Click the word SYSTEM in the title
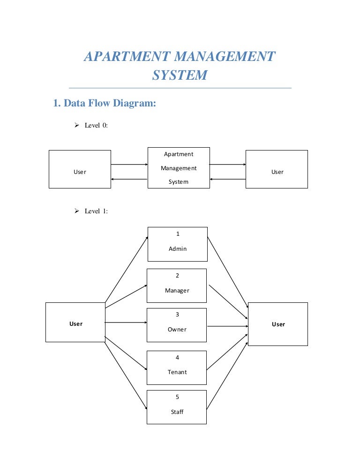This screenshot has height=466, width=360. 180,75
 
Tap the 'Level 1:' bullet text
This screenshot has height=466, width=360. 96,211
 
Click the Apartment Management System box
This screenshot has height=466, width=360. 179,168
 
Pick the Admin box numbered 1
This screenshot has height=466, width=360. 178,244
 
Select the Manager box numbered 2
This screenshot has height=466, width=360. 177,286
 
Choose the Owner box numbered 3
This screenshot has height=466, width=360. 177,324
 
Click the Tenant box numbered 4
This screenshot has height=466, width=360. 177,368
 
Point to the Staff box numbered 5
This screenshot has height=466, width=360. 177,407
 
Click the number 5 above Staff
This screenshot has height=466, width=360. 177,397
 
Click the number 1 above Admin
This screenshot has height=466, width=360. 178,234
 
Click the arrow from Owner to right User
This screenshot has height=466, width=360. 227,326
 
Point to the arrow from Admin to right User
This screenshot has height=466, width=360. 227,271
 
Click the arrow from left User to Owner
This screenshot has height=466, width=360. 126,323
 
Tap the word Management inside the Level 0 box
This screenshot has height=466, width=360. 179,168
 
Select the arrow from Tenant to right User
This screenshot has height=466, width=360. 227,352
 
